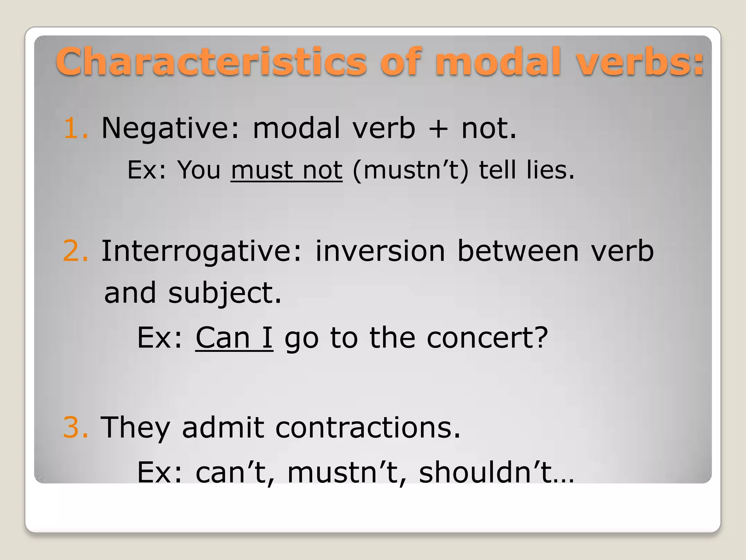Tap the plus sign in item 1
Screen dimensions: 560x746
438,129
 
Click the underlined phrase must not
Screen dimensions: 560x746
286,170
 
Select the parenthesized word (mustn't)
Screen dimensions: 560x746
411,170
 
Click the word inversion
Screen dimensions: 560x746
380,251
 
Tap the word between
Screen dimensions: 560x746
518,251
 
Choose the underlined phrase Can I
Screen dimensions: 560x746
234,338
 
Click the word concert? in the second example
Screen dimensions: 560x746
487,338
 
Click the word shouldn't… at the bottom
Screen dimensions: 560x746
496,472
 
